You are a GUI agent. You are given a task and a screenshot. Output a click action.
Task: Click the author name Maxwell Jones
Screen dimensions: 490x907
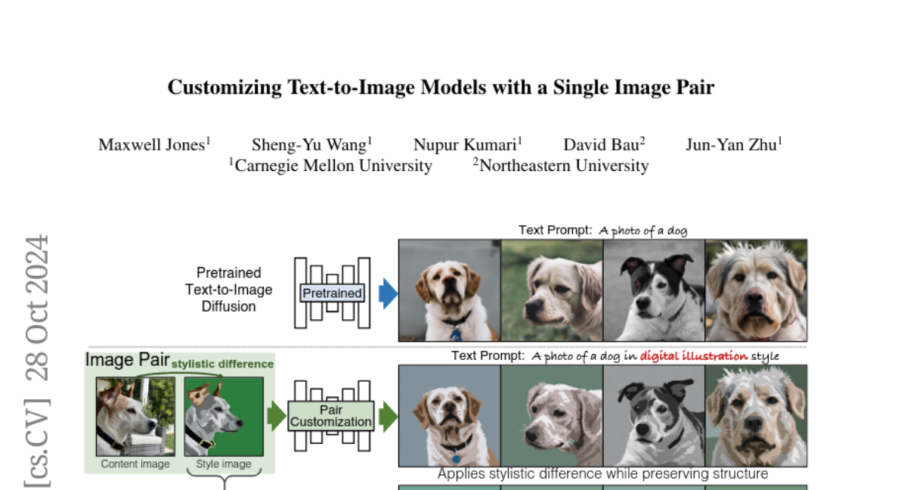click(x=152, y=144)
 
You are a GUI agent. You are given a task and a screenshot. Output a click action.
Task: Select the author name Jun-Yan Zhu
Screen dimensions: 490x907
click(x=731, y=144)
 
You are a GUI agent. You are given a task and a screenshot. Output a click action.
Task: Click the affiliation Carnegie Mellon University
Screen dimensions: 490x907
click(x=333, y=166)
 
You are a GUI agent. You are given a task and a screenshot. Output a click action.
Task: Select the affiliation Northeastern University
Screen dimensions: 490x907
click(x=563, y=166)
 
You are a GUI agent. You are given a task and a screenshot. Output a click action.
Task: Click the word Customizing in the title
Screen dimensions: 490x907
click(x=224, y=88)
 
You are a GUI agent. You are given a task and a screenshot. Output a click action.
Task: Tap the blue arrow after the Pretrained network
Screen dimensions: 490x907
click(x=388, y=293)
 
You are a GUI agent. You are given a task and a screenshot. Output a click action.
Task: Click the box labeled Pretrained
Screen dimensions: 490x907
click(x=333, y=293)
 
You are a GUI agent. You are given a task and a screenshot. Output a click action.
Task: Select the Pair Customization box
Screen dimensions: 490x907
click(x=331, y=416)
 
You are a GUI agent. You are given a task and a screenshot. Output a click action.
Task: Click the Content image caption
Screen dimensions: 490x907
click(x=135, y=464)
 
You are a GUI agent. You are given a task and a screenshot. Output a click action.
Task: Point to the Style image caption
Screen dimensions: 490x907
click(x=223, y=464)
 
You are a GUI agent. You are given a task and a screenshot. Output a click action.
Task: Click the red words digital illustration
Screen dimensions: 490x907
click(x=694, y=355)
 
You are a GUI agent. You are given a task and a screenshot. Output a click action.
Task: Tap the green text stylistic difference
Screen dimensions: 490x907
click(x=222, y=364)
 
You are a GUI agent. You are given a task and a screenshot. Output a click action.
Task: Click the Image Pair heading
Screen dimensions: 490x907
click(x=127, y=360)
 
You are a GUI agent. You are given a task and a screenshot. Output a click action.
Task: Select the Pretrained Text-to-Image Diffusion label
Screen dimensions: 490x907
click(x=228, y=290)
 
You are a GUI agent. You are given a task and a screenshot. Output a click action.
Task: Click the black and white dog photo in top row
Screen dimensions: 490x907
click(x=654, y=290)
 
